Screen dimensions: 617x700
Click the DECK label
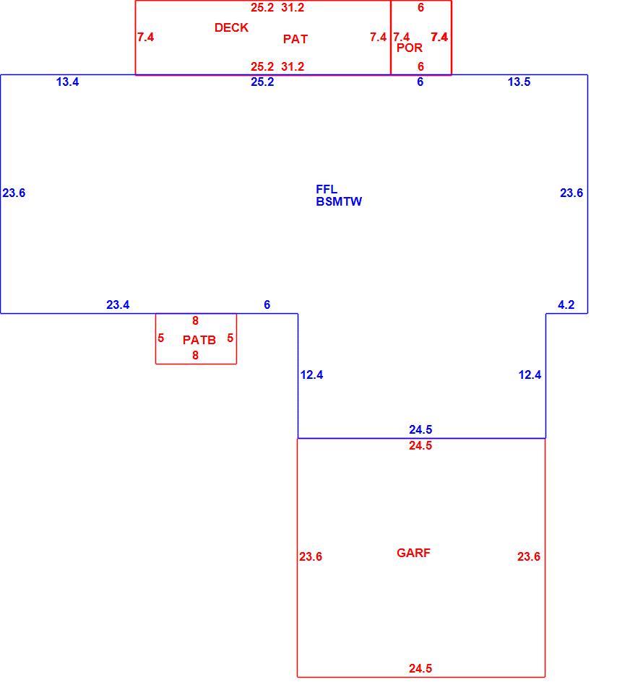(231, 27)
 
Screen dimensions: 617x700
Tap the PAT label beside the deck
(295, 39)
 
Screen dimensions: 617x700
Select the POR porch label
(409, 48)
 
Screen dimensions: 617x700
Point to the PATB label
(199, 340)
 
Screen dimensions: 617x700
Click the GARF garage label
(413, 553)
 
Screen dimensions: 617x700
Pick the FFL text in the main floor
(327, 189)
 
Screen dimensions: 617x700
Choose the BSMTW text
(338, 202)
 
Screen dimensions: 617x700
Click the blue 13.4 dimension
(67, 82)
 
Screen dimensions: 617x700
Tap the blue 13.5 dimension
(519, 82)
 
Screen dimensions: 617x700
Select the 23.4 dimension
(118, 305)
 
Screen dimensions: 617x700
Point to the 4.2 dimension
(566, 305)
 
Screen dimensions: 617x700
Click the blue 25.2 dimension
(262, 82)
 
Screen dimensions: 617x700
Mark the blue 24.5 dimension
(420, 430)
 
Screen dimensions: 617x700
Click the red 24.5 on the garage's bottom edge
(420, 669)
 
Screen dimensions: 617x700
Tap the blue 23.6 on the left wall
(14, 193)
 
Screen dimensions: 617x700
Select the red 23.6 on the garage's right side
(528, 556)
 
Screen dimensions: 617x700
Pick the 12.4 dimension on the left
(311, 375)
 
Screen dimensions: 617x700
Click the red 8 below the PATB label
(195, 356)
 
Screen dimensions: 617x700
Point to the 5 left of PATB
(161, 338)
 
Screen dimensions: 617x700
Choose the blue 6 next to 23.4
(267, 305)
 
